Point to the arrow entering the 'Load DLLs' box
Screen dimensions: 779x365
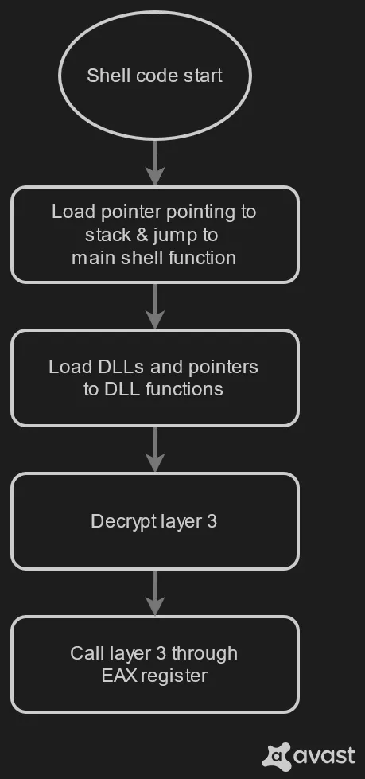click(x=154, y=306)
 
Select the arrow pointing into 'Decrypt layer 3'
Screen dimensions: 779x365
click(x=154, y=450)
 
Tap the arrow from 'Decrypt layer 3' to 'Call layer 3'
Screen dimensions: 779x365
click(x=154, y=593)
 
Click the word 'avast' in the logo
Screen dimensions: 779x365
click(x=324, y=755)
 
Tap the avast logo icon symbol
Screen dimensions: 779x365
click(x=277, y=755)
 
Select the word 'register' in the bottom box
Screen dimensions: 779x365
click(x=175, y=676)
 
